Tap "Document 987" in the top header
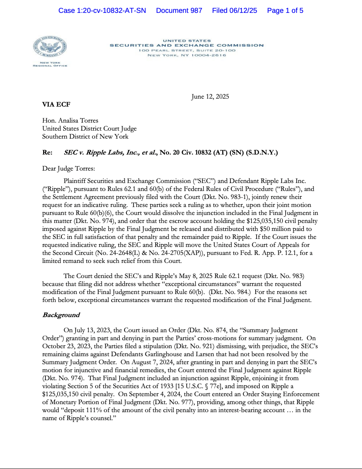click(179, 11)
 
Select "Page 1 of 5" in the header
click(285, 11)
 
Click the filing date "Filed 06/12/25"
click(234, 11)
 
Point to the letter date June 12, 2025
click(210, 97)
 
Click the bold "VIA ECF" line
click(56, 105)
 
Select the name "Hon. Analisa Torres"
click(70, 121)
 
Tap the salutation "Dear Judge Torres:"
click(69, 168)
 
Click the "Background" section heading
click(61, 315)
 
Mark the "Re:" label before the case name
click(48, 152)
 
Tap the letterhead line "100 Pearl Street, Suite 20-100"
click(187, 51)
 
